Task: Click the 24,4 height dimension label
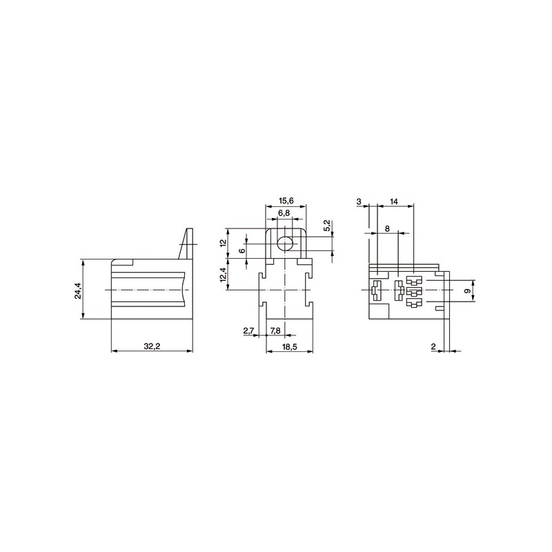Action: click(78, 290)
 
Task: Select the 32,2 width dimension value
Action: click(152, 346)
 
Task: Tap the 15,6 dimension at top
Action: click(286, 201)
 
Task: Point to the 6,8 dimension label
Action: click(284, 213)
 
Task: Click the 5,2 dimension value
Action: click(327, 226)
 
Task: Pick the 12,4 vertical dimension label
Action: click(222, 274)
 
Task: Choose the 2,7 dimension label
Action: click(248, 331)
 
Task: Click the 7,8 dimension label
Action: click(275, 331)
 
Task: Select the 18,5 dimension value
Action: click(289, 346)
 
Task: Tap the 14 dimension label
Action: click(393, 201)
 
